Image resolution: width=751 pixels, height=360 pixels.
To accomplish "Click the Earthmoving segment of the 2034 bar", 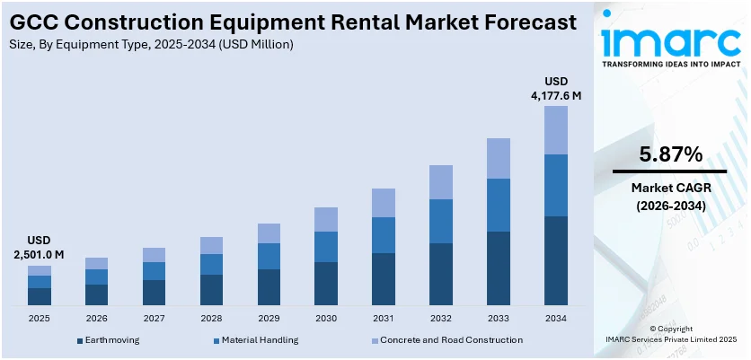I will [556, 260].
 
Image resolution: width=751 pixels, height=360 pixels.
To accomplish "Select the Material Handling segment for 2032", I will [441, 221].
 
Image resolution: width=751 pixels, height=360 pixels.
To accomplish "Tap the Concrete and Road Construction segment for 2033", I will [499, 158].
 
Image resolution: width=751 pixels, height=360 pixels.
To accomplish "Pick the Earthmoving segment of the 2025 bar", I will [40, 296].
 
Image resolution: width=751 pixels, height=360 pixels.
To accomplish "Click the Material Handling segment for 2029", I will [269, 256].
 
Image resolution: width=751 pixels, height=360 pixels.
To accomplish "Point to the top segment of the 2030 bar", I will [326, 219].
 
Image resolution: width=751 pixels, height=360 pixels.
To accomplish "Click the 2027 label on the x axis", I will [154, 319].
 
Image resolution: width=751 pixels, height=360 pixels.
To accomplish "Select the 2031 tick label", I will [384, 319].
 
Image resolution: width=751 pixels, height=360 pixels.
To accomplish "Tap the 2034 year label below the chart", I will [556, 319].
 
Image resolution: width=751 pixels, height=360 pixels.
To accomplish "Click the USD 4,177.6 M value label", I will [556, 88].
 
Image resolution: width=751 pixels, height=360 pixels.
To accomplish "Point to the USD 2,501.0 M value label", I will [40, 248].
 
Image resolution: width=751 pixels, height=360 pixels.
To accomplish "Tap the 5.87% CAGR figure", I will [670, 154].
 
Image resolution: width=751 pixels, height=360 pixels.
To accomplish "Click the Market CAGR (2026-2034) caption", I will [670, 197].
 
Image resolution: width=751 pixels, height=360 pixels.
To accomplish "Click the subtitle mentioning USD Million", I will [153, 43].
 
